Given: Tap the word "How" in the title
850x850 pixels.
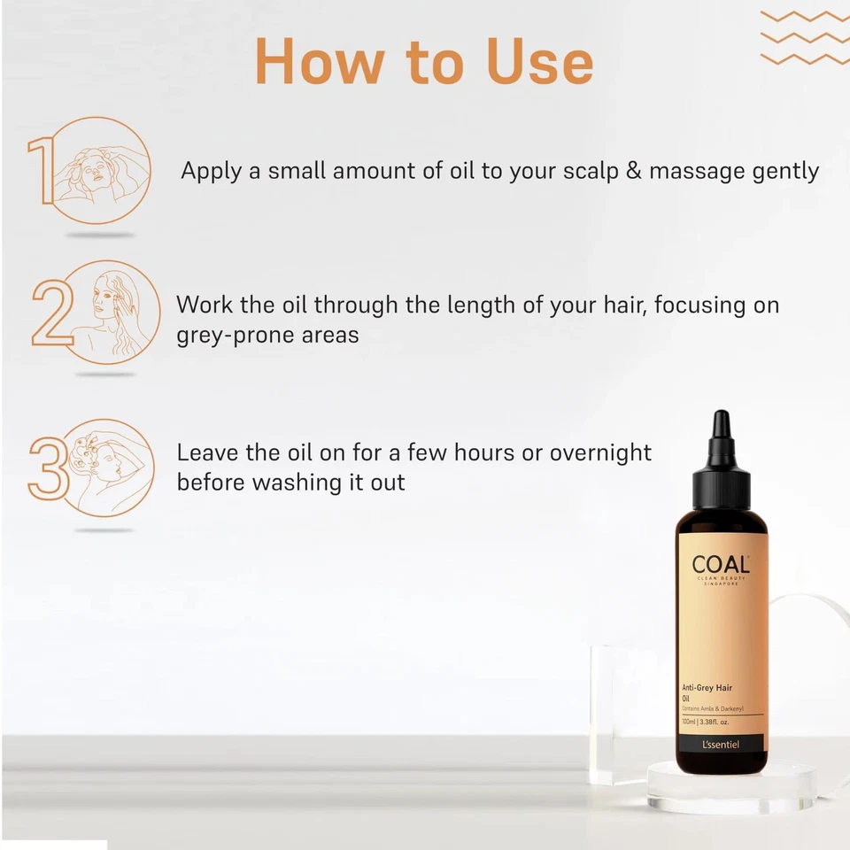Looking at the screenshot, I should tap(318, 62).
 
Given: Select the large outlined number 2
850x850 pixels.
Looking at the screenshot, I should tap(51, 314).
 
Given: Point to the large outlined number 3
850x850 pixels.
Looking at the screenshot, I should tap(48, 467).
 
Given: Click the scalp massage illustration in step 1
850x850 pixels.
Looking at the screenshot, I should tap(99, 169).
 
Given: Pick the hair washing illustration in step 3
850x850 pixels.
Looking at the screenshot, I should tap(106, 466).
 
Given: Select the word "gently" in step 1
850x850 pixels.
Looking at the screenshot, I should tap(776, 171).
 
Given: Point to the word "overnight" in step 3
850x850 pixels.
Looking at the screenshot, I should tap(600, 452).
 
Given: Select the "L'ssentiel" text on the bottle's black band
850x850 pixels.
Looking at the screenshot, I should tap(720, 744).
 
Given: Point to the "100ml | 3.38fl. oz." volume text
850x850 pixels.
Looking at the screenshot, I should tap(711, 722).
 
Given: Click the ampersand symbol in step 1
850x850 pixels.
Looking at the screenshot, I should tap(633, 171).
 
